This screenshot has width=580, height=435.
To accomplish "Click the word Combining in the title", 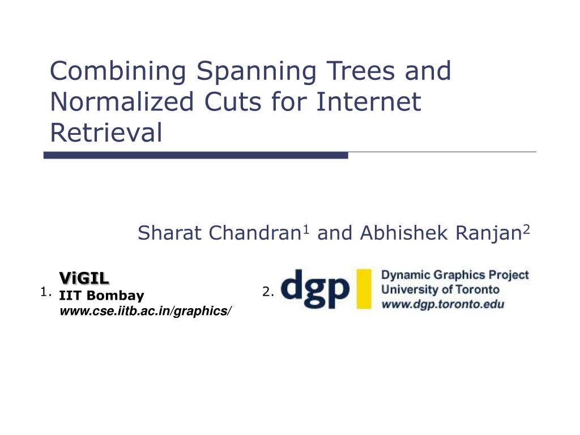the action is (x=118, y=71).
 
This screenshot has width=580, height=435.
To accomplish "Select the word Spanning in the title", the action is (x=257, y=71).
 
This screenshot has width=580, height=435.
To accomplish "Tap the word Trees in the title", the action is (x=361, y=71).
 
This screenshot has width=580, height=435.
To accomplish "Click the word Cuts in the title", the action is (x=233, y=102).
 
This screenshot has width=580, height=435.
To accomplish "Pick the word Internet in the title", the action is (x=369, y=102).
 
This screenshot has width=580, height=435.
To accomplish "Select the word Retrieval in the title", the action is (x=106, y=133).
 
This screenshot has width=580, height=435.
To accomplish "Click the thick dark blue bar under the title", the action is (x=195, y=155).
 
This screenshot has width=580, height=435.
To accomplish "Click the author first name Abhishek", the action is (x=403, y=233).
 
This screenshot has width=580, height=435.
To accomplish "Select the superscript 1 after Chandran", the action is (x=306, y=230).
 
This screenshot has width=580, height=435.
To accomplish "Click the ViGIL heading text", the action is (x=84, y=278).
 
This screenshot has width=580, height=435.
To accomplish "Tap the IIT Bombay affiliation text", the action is (x=102, y=295).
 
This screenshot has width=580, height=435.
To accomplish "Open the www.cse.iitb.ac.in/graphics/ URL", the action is (x=146, y=311).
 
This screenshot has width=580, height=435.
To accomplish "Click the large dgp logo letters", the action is (x=315, y=289).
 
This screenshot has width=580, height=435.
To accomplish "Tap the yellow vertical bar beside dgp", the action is (x=364, y=289).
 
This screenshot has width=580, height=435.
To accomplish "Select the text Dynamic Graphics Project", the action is (x=455, y=275).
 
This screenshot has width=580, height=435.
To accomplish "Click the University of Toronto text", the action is (x=440, y=289).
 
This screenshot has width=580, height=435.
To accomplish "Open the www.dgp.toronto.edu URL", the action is (x=443, y=304).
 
